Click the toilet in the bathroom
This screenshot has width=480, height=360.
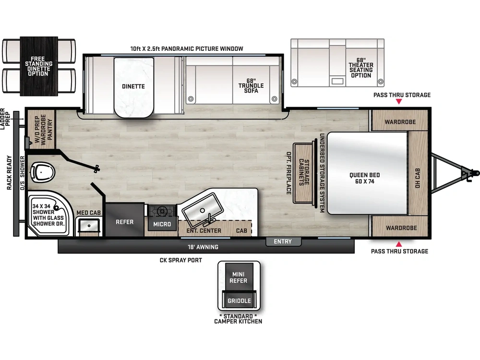[x=43, y=171]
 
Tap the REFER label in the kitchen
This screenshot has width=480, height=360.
[x=124, y=222]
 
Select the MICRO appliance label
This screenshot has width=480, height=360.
[x=162, y=224]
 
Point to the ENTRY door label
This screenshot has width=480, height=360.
[x=283, y=241]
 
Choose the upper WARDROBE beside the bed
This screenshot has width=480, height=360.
[x=400, y=122]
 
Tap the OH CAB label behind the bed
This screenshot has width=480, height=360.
[x=417, y=178]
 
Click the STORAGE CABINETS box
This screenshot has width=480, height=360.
[x=303, y=172]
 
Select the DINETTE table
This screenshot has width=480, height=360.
[x=133, y=86]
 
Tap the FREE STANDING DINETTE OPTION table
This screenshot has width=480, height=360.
[x=38, y=66]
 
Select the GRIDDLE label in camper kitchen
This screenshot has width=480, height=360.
[x=239, y=301]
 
